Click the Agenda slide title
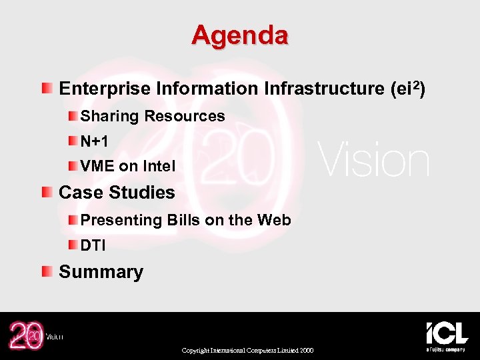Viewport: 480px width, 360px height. coord(239,35)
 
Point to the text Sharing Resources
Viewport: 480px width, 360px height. coord(153,116)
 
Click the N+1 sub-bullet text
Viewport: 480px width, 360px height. coord(95,141)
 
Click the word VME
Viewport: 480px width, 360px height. coord(97,166)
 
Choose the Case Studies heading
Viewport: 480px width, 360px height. coord(117,193)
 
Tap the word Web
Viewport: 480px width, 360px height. coord(273,220)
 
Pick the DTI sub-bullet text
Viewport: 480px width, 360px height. coord(93,245)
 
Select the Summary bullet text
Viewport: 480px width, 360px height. coord(101,272)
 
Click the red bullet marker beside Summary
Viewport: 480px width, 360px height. coord(46,271)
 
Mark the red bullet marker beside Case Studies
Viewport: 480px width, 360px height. coord(46,192)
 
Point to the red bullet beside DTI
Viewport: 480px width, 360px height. coord(71,245)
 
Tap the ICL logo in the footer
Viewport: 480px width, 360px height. coord(447,335)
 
